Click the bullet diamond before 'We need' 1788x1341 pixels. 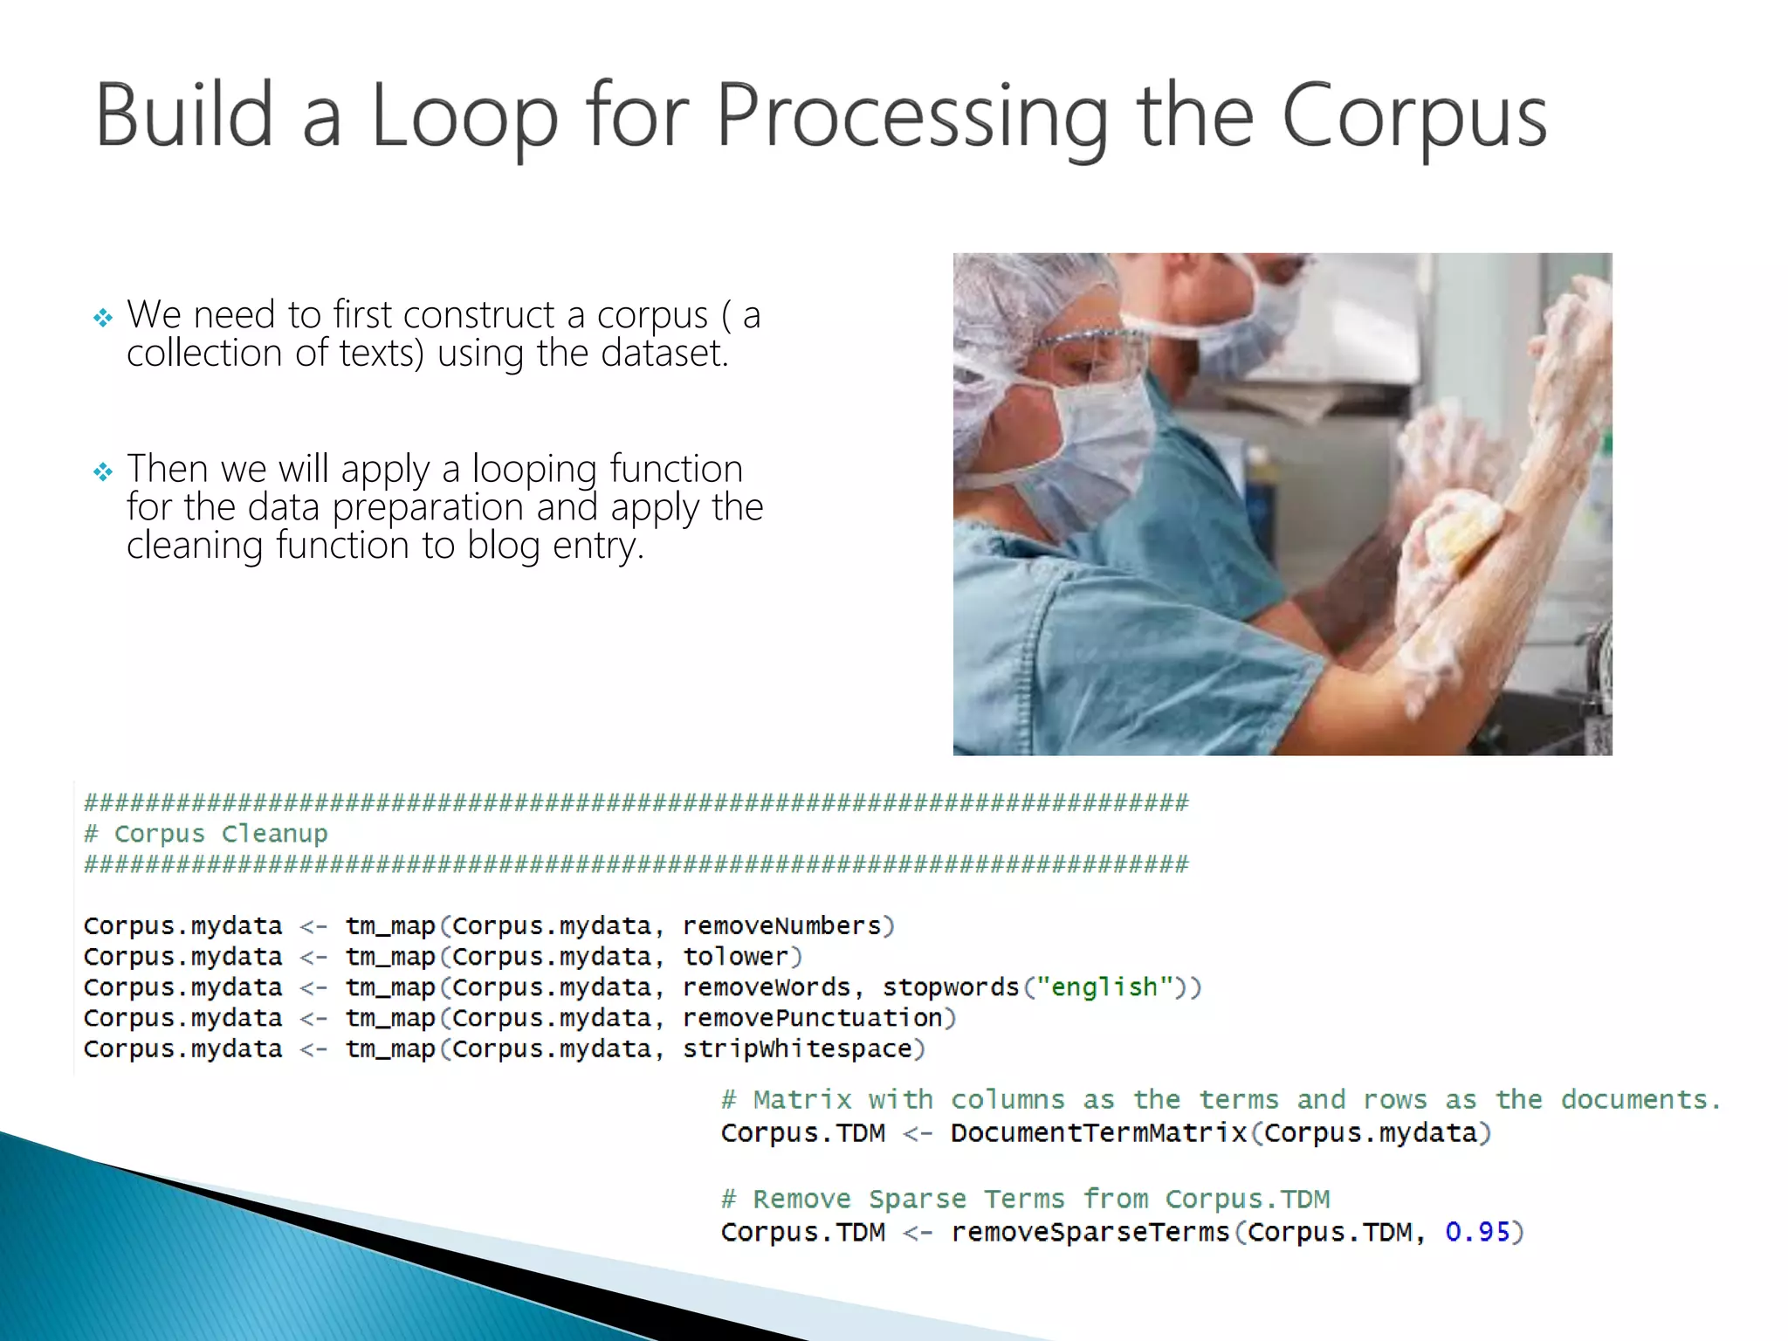tap(103, 318)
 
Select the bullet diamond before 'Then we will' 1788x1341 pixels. tap(103, 472)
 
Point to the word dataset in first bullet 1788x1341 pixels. tap(664, 354)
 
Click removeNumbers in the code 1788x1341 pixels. tap(781, 925)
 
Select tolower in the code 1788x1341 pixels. tap(735, 957)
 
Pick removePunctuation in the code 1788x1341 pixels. tap(812, 1018)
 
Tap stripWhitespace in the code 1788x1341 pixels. tap(796, 1049)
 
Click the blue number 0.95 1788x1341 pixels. tap(1477, 1232)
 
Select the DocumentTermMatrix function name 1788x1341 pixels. tap(1098, 1133)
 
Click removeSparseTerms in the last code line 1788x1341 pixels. tap(1090, 1232)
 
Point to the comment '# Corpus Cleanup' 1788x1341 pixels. tap(206, 834)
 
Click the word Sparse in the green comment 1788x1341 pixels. tap(918, 1199)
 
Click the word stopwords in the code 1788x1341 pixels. tap(950, 987)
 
